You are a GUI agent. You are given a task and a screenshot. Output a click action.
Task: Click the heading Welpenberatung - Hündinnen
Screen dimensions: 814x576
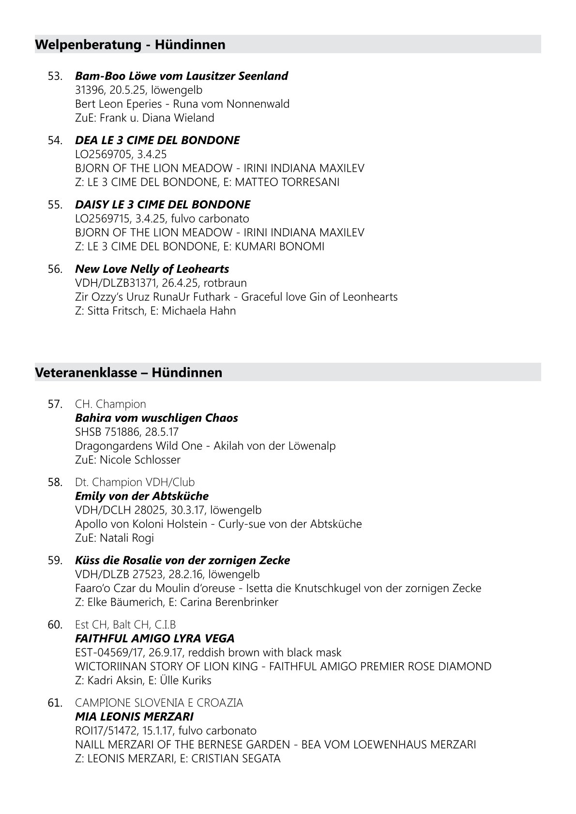pos(130,45)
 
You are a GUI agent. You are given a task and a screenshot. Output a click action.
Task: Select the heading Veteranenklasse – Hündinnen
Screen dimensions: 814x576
pos(129,373)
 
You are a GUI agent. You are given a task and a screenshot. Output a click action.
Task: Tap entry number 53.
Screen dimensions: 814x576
pos(55,76)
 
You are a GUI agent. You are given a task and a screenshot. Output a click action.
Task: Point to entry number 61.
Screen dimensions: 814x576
pos(55,703)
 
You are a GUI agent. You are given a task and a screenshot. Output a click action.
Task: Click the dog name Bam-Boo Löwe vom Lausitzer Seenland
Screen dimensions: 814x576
pos(182,76)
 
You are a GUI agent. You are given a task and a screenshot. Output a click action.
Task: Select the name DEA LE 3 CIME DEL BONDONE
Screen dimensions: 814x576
pos(157,140)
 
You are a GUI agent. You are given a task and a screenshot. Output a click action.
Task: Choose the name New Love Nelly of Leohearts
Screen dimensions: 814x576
pos(152,269)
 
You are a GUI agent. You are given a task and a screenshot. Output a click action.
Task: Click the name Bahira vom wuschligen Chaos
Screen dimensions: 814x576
pos(156,418)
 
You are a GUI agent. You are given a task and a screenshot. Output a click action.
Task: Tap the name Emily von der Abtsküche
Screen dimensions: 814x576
pos(142,496)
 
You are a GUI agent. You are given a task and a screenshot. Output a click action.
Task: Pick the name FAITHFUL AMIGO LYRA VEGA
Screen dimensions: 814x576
pos(155,638)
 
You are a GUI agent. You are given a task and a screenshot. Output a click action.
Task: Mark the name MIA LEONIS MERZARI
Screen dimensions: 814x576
pos(135,717)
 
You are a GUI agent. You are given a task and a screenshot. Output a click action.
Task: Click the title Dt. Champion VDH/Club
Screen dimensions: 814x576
pos(135,482)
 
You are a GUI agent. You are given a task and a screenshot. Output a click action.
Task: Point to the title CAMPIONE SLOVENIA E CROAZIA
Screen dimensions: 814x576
pos(159,703)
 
